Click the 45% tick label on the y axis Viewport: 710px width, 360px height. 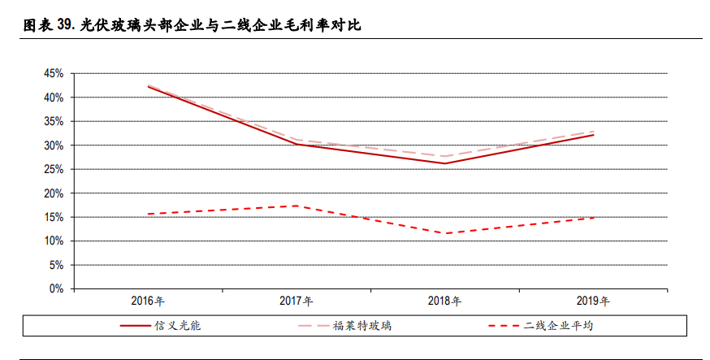pos(54,74)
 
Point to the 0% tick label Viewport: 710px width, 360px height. pos(56,288)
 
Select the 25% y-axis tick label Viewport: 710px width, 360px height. pos(54,169)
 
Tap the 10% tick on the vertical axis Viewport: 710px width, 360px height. pos(54,241)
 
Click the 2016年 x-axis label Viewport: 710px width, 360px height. pos(148,301)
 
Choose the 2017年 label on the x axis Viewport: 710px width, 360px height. pos(296,301)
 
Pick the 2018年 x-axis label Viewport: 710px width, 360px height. pos(444,301)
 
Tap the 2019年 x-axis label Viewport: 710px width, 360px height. pos(593,301)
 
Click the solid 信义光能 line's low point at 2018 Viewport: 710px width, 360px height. pos(444,163)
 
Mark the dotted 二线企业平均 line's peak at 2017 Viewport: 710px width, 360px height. pos(297,206)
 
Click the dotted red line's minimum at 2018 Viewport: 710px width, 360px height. pos(444,233)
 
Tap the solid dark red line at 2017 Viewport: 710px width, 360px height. pos(297,144)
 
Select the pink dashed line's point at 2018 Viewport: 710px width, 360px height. pos(444,156)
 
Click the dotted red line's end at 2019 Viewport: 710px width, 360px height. pos(593,218)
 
